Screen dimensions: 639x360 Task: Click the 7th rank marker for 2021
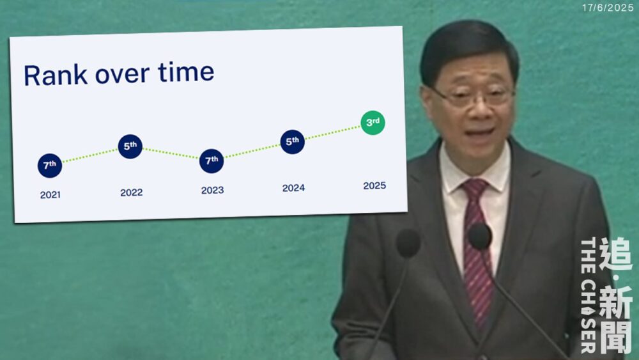coord(50,166)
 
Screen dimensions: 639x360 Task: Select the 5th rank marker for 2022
coord(130,146)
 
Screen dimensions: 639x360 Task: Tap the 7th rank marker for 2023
coord(212,161)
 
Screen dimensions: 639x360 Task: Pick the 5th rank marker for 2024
coord(292,142)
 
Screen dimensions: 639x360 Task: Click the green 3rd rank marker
coord(373,123)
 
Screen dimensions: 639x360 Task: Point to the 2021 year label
coord(50,195)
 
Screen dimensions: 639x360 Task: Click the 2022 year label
coord(131,192)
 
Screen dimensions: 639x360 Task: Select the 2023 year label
coord(212,190)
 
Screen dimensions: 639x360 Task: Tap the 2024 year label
coord(293,188)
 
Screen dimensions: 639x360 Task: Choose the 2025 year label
coord(374,185)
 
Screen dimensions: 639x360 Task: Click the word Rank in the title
coord(56,75)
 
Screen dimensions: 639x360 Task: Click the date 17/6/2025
coord(608,8)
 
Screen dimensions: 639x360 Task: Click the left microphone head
coord(408,243)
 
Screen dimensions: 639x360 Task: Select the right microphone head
coord(480,237)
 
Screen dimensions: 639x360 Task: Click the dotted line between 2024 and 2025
coord(332,132)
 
